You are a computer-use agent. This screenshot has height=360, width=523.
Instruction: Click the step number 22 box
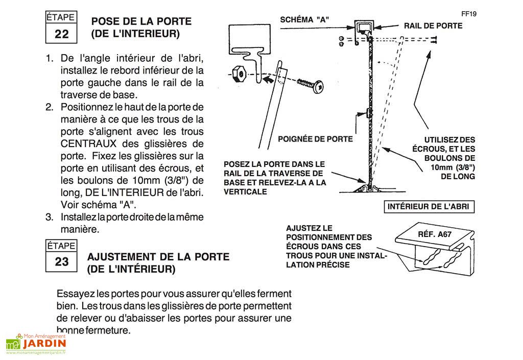(x=61, y=34)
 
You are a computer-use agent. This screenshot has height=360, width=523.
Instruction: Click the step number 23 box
(x=61, y=262)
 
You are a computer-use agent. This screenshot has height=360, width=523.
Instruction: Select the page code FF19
(x=468, y=14)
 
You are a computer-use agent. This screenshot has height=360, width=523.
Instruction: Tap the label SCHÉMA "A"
(x=304, y=20)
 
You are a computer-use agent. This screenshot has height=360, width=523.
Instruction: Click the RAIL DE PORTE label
(x=433, y=26)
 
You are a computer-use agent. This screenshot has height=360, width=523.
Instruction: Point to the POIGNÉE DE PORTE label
(x=315, y=139)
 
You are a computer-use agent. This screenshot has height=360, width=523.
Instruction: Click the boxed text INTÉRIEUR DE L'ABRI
(x=429, y=207)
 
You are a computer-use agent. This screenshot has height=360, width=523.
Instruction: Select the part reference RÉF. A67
(x=434, y=235)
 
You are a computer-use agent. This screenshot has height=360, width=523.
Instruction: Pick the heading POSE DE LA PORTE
(x=141, y=21)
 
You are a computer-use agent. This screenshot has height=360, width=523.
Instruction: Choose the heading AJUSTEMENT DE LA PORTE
(x=159, y=257)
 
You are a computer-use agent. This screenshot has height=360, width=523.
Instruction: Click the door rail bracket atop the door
(x=366, y=28)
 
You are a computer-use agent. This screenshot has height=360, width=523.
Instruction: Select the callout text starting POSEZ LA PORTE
(x=274, y=178)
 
